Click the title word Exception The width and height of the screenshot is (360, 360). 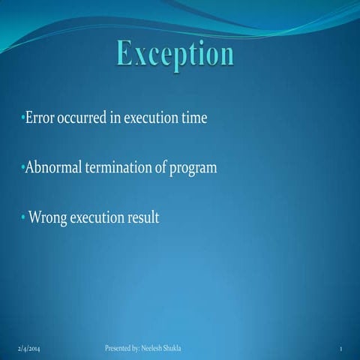[175, 54]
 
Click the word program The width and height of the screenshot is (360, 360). [193, 169]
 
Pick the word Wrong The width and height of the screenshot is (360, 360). [46, 218]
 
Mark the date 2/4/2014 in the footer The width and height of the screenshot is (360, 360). [29, 349]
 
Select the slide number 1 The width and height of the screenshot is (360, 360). [340, 350]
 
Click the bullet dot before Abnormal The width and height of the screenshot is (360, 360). [22, 168]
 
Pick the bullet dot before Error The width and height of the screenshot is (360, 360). [22, 118]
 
